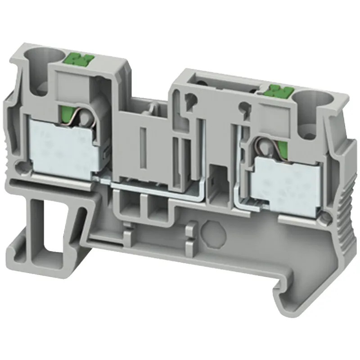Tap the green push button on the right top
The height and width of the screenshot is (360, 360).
pyautogui.click(x=275, y=91)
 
